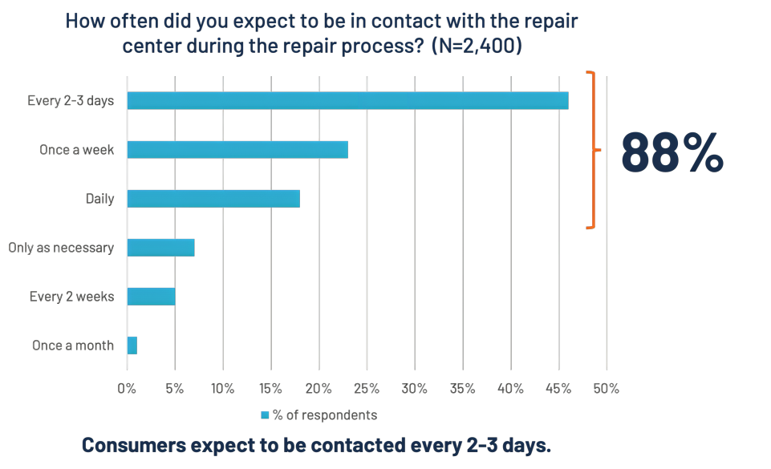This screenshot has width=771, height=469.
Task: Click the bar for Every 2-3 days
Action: [x=347, y=100]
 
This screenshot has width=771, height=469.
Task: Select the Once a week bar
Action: [x=237, y=149]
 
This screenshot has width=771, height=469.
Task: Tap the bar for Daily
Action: [x=213, y=198]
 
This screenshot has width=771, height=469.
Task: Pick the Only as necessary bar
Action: [x=160, y=247]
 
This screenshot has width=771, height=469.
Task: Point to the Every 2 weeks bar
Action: [x=151, y=296]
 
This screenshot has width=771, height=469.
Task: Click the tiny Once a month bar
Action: [x=132, y=345]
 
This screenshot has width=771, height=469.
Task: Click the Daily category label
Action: [x=99, y=198]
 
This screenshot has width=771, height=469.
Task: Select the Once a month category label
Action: [x=73, y=346]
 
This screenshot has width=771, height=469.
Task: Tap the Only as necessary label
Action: [x=61, y=248]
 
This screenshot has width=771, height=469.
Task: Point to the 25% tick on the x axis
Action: [x=367, y=389]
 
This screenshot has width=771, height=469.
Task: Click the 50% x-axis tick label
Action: [x=606, y=389]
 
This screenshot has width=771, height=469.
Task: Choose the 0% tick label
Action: [x=127, y=389]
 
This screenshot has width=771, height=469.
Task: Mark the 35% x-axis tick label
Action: [x=462, y=389]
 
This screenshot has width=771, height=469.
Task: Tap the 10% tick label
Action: [x=222, y=389]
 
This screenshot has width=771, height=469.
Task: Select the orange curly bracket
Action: [x=593, y=150]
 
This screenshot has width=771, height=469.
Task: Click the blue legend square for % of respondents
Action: [x=265, y=415]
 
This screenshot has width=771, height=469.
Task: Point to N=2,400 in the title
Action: [x=477, y=46]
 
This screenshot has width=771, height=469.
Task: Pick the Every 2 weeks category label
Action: [x=71, y=297]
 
